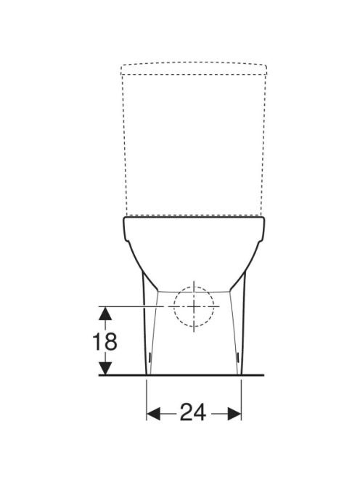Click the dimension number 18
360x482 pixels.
(105, 341)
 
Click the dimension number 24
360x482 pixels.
(193, 412)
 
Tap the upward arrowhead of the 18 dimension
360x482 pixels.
(105, 313)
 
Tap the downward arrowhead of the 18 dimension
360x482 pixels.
(105, 368)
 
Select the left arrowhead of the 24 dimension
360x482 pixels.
(153, 413)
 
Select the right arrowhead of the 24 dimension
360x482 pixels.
(234, 413)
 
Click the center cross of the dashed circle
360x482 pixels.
(194, 306)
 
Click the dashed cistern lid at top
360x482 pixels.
(194, 69)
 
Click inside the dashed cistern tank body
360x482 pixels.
(194, 144)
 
